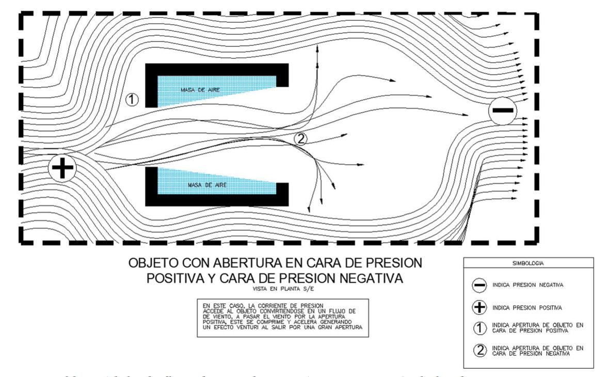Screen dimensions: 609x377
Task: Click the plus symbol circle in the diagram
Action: point(63,168)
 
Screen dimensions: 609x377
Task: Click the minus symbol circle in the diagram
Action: point(502,111)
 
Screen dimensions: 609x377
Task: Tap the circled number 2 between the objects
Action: point(301,138)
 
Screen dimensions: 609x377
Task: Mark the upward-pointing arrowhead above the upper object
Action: point(318,47)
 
